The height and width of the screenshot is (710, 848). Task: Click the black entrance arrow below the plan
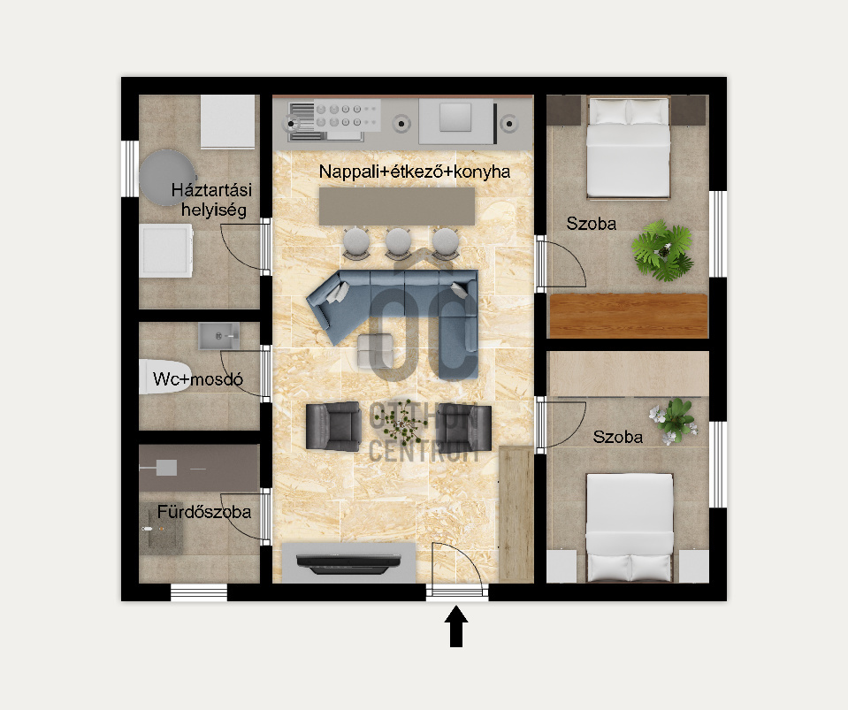click(456, 626)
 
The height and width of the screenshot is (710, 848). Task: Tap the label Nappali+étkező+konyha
click(414, 172)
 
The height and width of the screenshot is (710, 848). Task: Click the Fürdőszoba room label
click(204, 512)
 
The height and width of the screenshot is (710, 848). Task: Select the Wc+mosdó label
click(198, 379)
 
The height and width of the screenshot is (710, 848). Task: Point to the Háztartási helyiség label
click(211, 200)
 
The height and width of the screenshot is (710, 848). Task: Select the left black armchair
click(333, 426)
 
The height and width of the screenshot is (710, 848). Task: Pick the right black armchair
click(464, 427)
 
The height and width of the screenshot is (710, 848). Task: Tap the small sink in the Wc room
click(218, 336)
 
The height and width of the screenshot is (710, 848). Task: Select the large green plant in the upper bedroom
click(663, 250)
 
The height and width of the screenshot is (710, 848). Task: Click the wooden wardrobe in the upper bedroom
click(629, 316)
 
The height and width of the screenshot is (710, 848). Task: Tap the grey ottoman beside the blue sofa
click(375, 350)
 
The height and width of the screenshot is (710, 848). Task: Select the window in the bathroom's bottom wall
click(198, 592)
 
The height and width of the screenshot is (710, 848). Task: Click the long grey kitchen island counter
click(397, 206)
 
